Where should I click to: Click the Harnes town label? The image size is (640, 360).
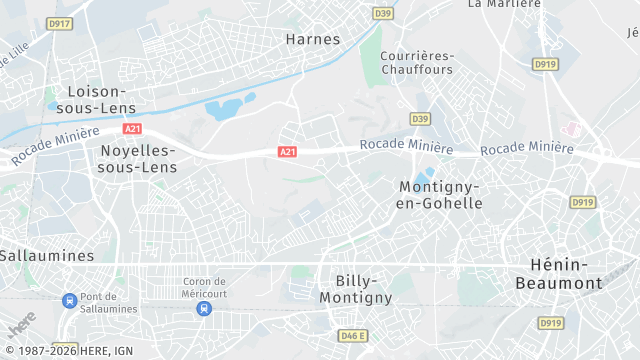[313, 39]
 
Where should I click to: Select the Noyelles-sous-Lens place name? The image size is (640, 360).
[138, 159]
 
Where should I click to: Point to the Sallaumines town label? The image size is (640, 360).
[46, 255]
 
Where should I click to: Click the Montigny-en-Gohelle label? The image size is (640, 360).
[440, 195]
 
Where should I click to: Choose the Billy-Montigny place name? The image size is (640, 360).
[356, 289]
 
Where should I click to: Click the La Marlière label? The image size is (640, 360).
[504, 4]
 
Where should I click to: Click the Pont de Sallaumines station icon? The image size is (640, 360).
[69, 300]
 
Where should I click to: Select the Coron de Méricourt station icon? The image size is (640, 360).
[204, 308]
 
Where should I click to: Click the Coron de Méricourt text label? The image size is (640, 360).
[204, 287]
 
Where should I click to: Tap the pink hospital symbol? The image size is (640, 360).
[572, 129]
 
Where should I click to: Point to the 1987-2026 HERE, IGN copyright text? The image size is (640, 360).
[67, 351]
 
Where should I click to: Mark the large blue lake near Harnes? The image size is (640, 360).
[224, 109]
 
